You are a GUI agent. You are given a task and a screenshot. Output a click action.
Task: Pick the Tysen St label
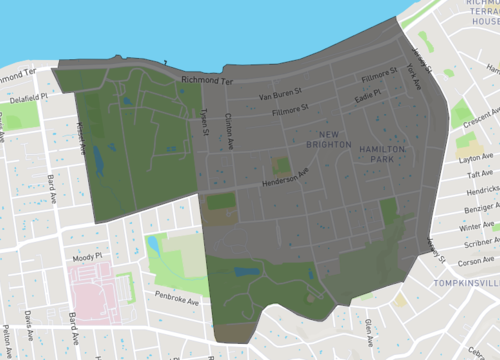(x=204, y=122)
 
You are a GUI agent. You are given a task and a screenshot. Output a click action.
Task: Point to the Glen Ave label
(x=369, y=326)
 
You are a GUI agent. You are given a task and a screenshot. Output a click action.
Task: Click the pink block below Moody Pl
(x=100, y=295)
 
